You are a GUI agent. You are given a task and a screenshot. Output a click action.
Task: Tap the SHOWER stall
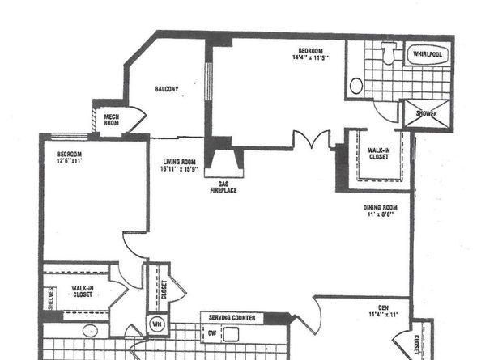(426, 114)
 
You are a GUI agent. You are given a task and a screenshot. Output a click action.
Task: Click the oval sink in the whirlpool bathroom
(357, 86)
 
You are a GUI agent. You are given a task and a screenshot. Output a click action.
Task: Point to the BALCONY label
(167, 88)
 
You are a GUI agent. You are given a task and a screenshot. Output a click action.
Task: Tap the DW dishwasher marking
(212, 332)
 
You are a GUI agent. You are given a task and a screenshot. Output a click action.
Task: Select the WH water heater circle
(156, 326)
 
